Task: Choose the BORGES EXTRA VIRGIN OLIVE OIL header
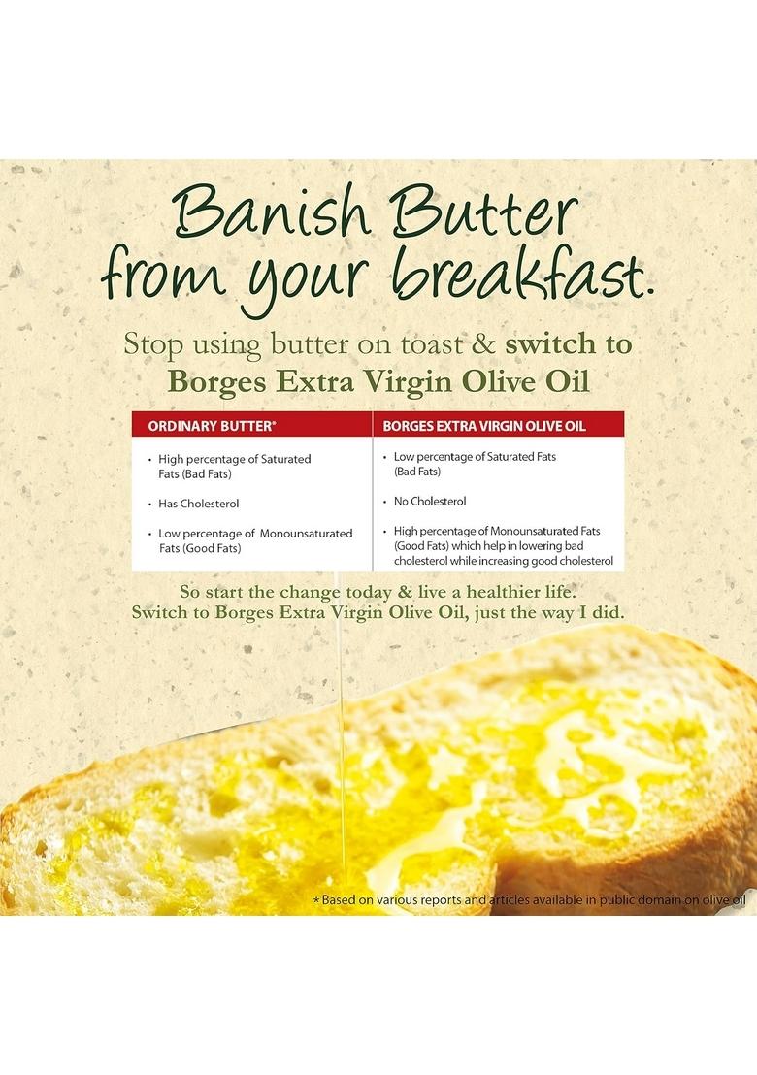click(484, 425)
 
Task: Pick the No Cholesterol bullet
click(429, 501)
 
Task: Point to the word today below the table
click(361, 591)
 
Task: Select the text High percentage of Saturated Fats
click(235, 465)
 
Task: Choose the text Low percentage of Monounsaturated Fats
click(255, 539)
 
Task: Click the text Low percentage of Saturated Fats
click(475, 462)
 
